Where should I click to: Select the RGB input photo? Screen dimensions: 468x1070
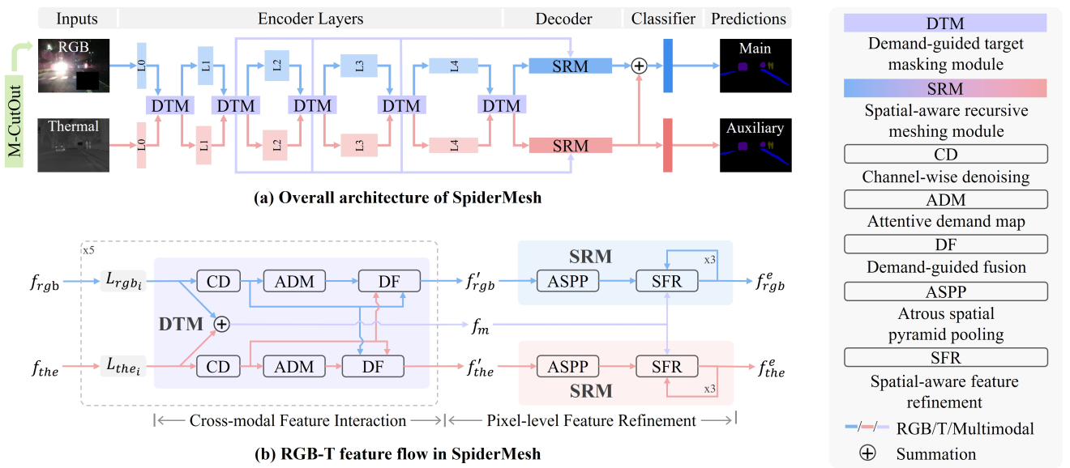coord(73,66)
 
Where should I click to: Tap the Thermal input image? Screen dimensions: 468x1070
coord(73,145)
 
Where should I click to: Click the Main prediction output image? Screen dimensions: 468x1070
coord(755,66)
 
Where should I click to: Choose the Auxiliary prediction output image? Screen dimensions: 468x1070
coord(755,145)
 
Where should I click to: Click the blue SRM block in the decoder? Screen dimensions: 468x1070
coord(570,66)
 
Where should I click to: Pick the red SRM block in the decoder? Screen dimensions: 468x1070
coord(570,146)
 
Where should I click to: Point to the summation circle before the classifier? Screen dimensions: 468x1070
coord(639,66)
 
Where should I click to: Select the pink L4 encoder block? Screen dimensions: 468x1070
coord(454,146)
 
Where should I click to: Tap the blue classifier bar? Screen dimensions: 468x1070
coord(669,66)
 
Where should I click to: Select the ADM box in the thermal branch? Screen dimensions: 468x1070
coord(293,367)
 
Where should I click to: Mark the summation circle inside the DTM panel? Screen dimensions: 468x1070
coord(220,324)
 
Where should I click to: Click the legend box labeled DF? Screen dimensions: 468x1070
coord(945,243)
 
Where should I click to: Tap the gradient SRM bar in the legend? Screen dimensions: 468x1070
coord(945,87)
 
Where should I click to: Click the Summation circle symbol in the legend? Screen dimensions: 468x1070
coord(867,453)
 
